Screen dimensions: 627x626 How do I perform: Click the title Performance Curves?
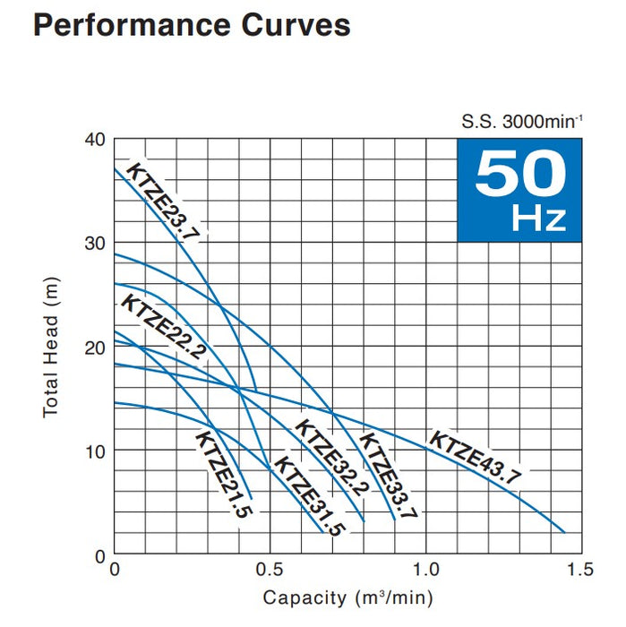coord(191,25)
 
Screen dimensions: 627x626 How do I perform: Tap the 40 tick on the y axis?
coord(96,140)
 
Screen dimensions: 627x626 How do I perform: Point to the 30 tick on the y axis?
coord(96,244)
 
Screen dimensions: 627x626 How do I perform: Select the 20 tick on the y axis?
coord(96,348)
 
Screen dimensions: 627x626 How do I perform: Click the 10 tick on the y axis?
coord(96,451)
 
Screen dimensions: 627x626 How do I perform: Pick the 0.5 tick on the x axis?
coord(270,571)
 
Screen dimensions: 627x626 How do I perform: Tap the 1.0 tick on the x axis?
coord(425,571)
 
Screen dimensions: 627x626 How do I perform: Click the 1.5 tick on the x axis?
coord(580,571)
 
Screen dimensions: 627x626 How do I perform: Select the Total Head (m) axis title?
coord(51,347)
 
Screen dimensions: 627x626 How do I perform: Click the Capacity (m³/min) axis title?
coord(347,597)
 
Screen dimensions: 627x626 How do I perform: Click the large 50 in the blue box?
coord(519,174)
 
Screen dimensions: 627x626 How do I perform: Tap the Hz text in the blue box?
coord(540,218)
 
